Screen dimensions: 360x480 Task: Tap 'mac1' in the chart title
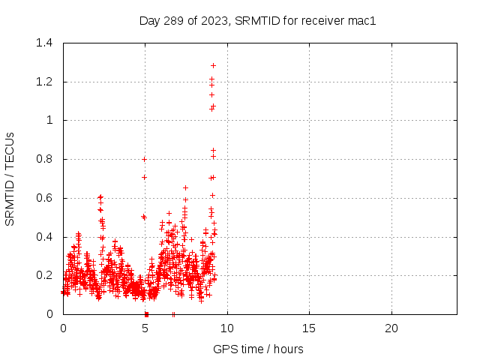[x=361, y=21]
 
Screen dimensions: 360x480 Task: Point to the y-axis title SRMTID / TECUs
[x=10, y=178]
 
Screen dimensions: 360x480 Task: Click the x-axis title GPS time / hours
[x=258, y=349]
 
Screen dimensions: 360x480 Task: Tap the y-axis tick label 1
[x=49, y=120]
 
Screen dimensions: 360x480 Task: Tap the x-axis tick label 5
[x=145, y=328]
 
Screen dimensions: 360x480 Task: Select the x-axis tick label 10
[x=226, y=328]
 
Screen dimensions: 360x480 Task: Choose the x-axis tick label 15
[x=309, y=328]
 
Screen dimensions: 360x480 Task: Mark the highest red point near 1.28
[x=213, y=66]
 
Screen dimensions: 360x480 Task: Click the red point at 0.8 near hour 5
[x=144, y=159]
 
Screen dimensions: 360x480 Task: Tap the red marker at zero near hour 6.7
[x=173, y=313]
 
